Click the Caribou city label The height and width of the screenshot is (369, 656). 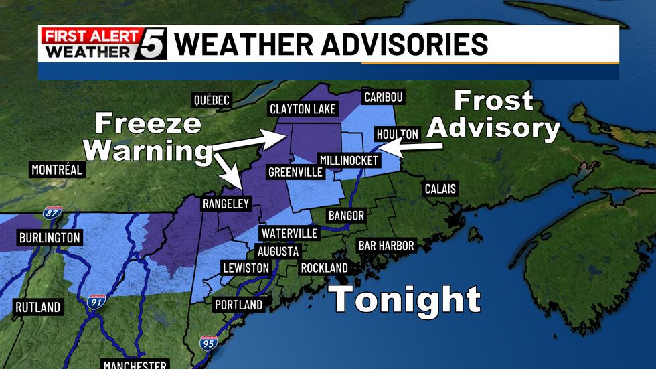coord(384,97)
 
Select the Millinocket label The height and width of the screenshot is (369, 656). coord(348,160)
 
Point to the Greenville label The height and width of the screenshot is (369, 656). coord(295,172)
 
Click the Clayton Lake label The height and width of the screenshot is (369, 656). coord(303,108)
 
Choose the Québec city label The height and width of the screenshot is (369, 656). coord(212,100)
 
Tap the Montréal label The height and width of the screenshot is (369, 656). coord(57,169)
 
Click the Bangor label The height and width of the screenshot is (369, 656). coord(346,215)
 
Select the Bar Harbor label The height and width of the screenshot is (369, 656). coord(386,246)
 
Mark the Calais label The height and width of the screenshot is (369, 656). coord(440,189)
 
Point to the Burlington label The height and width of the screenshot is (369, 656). coord(50,238)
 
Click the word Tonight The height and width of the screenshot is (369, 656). coord(406,299)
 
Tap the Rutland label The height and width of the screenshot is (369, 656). coord(37,307)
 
